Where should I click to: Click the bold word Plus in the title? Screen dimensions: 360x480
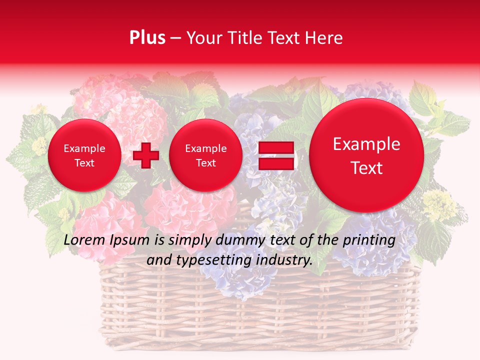[147, 38]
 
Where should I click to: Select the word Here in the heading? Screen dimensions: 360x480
[325, 38]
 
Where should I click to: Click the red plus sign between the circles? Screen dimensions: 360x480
[146, 155]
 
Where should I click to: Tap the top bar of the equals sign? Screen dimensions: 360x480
[275, 148]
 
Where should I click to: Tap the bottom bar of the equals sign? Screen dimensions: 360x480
[275, 164]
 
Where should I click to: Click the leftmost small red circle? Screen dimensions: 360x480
[84, 155]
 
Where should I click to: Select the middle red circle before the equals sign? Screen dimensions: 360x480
[206, 155]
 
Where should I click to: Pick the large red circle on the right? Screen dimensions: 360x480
[366, 155]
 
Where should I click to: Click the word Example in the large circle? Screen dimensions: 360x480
[366, 144]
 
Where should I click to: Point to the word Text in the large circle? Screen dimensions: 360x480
[366, 168]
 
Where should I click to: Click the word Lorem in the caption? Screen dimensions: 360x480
[83, 240]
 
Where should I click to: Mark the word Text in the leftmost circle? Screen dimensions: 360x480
[84, 163]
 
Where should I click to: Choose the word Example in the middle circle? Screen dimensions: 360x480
[206, 148]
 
